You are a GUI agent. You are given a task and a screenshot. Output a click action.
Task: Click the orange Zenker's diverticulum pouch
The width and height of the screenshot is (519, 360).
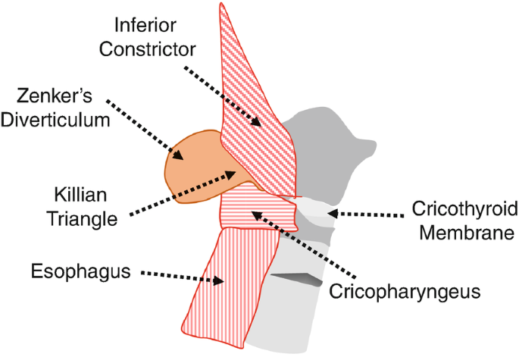189,167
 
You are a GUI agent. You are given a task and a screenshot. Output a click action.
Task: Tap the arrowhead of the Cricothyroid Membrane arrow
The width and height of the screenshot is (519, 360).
328,214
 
